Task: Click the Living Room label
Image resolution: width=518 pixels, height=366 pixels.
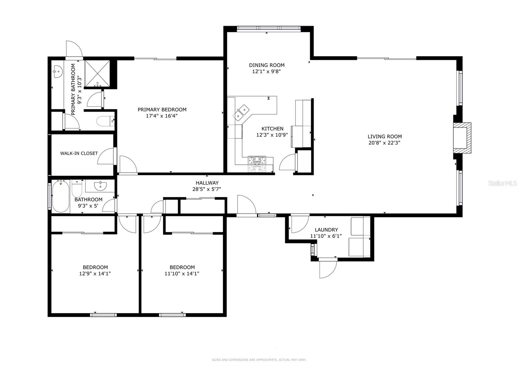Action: coord(384,136)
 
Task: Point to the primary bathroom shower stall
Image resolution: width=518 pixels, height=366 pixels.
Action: coord(97,74)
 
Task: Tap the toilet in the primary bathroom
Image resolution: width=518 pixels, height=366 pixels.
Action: coord(105,121)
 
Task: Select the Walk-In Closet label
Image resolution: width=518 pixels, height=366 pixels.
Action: coord(79,153)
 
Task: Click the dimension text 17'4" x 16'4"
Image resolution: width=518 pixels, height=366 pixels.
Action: coord(162,116)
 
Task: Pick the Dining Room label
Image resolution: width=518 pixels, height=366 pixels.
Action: coord(267,65)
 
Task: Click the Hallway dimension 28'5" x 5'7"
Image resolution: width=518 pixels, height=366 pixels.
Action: coord(207,189)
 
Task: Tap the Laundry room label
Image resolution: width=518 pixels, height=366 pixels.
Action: coord(326,230)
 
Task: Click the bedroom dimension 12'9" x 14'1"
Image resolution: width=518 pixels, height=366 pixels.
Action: coord(95,273)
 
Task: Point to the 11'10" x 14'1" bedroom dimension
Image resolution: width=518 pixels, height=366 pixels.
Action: coord(182,273)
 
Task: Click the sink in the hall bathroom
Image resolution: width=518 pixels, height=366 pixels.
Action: coord(100,186)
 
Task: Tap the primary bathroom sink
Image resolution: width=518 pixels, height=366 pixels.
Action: coord(57,72)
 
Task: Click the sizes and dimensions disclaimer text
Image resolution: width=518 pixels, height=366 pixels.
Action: coord(259,360)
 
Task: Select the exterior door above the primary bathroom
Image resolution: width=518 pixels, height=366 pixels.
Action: coord(73,49)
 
